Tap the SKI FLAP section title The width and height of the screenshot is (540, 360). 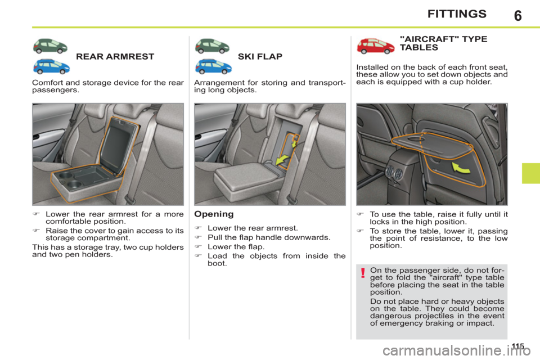point(260,57)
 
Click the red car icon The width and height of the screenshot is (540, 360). point(375,45)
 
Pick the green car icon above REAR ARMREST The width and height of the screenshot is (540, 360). point(52,46)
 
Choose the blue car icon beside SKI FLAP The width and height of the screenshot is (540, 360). point(213,66)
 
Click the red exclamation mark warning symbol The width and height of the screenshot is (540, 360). point(363,274)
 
